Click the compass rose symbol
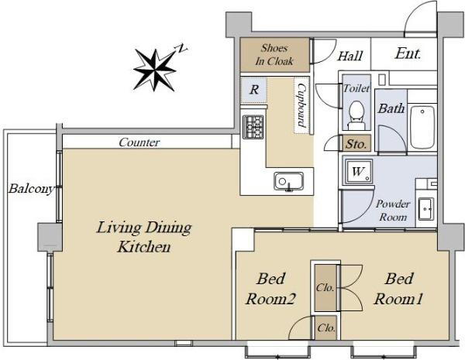(155, 70)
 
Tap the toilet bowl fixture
(356, 115)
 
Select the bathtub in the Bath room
(422, 127)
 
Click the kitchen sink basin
(288, 181)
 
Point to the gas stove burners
(253, 127)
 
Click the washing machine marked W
(358, 172)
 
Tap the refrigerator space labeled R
(254, 90)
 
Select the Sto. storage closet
(356, 143)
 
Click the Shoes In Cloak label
(274, 54)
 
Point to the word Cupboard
(301, 105)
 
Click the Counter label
(139, 142)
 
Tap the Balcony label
(32, 189)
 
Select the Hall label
(350, 56)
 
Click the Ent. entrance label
(408, 53)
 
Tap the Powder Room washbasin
(425, 209)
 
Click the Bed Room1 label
(398, 289)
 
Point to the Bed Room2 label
(270, 289)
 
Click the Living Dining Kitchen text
(144, 237)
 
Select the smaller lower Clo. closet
(326, 327)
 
